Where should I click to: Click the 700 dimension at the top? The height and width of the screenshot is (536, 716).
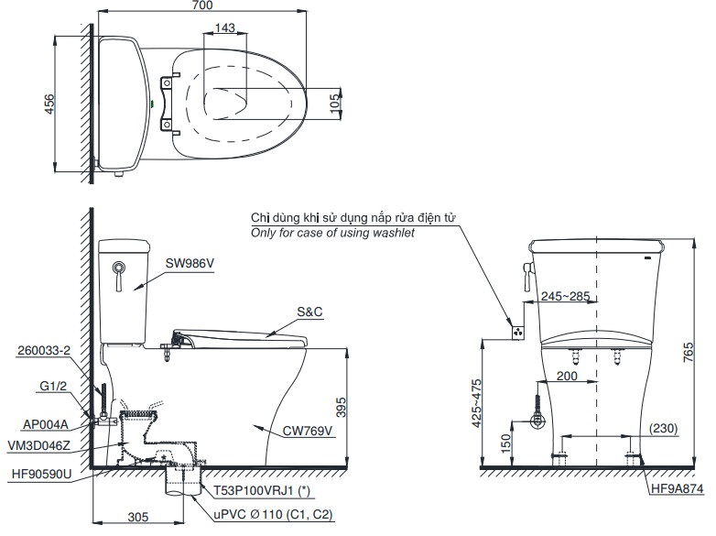click(201, 5)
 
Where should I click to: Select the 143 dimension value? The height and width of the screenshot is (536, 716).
click(225, 27)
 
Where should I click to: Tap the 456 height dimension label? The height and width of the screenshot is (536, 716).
click(49, 104)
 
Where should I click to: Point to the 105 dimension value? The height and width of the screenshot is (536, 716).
click(336, 103)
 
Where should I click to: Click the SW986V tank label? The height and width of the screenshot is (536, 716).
click(190, 263)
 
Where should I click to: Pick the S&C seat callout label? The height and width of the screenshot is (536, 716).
click(309, 312)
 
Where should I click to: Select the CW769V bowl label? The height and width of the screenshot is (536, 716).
click(308, 431)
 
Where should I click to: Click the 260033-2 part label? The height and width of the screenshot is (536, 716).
click(44, 351)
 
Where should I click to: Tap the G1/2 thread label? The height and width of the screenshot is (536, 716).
click(53, 386)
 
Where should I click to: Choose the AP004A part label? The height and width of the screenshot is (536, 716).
click(46, 424)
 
